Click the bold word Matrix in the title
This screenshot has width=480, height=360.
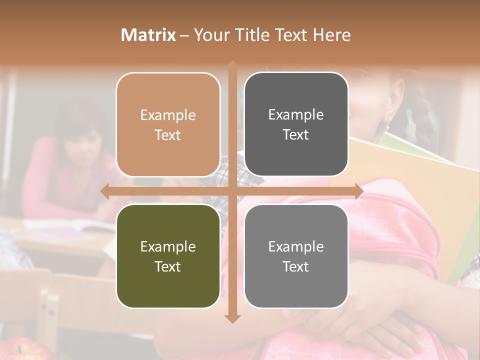[x=148, y=35]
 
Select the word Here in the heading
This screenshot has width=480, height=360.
[x=331, y=35]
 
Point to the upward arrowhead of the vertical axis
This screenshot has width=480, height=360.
[x=232, y=65]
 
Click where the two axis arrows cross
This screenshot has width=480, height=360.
[x=232, y=191]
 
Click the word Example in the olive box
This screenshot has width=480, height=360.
[x=168, y=246]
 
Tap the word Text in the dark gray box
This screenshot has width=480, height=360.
[x=296, y=134]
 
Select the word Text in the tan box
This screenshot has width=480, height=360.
[x=168, y=135]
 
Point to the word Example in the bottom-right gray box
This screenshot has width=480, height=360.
[x=296, y=246]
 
